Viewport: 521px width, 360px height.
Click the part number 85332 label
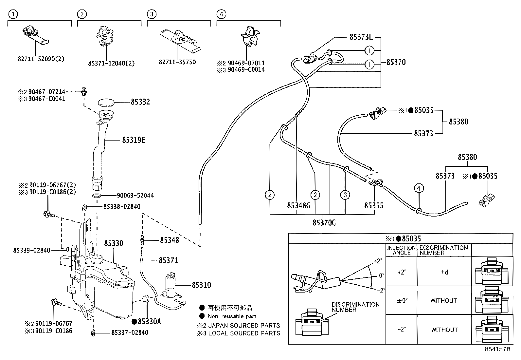(x=140, y=102)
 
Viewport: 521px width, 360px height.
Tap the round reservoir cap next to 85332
(x=106, y=102)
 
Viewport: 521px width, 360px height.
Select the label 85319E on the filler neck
(x=134, y=140)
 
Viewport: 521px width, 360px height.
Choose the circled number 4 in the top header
(x=221, y=14)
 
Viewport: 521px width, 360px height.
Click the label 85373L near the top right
(x=361, y=37)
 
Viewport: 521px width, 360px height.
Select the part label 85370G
(x=324, y=223)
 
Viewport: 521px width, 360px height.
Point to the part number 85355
(x=374, y=206)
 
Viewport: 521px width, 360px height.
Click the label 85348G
(x=298, y=206)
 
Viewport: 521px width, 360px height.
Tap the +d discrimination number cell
(x=444, y=272)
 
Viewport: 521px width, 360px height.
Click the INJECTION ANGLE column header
(x=401, y=250)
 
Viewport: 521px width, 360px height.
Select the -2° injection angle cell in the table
(x=402, y=329)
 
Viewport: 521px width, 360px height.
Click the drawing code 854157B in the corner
(x=497, y=349)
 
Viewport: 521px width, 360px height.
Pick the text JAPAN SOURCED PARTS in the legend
(x=244, y=325)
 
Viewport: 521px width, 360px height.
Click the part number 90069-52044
(x=135, y=196)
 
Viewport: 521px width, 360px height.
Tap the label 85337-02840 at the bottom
(x=130, y=333)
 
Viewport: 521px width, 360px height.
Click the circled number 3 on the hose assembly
(x=345, y=195)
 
